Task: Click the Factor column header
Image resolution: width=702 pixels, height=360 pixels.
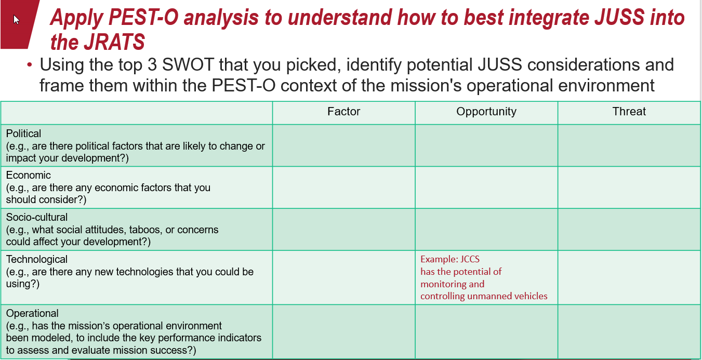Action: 343,112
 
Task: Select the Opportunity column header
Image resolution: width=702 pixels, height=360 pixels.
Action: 486,112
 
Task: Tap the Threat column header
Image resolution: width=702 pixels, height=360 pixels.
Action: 629,112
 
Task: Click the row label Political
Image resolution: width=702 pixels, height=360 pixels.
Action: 23,134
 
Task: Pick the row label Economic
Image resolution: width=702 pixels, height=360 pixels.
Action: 28,175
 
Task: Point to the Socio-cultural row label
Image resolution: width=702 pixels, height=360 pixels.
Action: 37,217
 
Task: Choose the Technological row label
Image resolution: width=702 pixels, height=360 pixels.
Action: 37,259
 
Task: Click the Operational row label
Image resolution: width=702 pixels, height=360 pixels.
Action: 32,313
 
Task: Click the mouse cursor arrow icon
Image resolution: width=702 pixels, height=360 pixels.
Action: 16,20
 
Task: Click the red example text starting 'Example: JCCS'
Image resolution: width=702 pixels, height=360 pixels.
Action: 483,277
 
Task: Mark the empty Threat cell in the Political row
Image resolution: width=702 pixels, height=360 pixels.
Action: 629,145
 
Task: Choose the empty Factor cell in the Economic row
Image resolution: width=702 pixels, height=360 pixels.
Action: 343,188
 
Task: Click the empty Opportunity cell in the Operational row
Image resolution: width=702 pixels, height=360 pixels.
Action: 486,331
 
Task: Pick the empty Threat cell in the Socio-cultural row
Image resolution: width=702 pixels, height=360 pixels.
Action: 629,230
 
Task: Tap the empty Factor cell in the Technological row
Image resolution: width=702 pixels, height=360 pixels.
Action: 343,277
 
